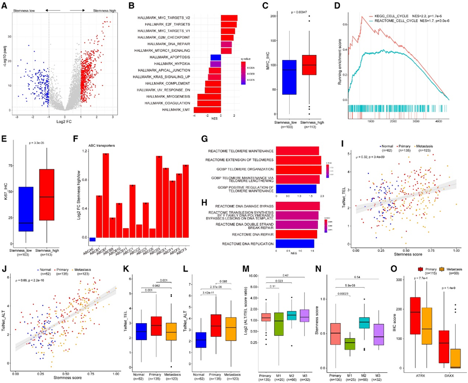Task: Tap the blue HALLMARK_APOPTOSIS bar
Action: (215, 57)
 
